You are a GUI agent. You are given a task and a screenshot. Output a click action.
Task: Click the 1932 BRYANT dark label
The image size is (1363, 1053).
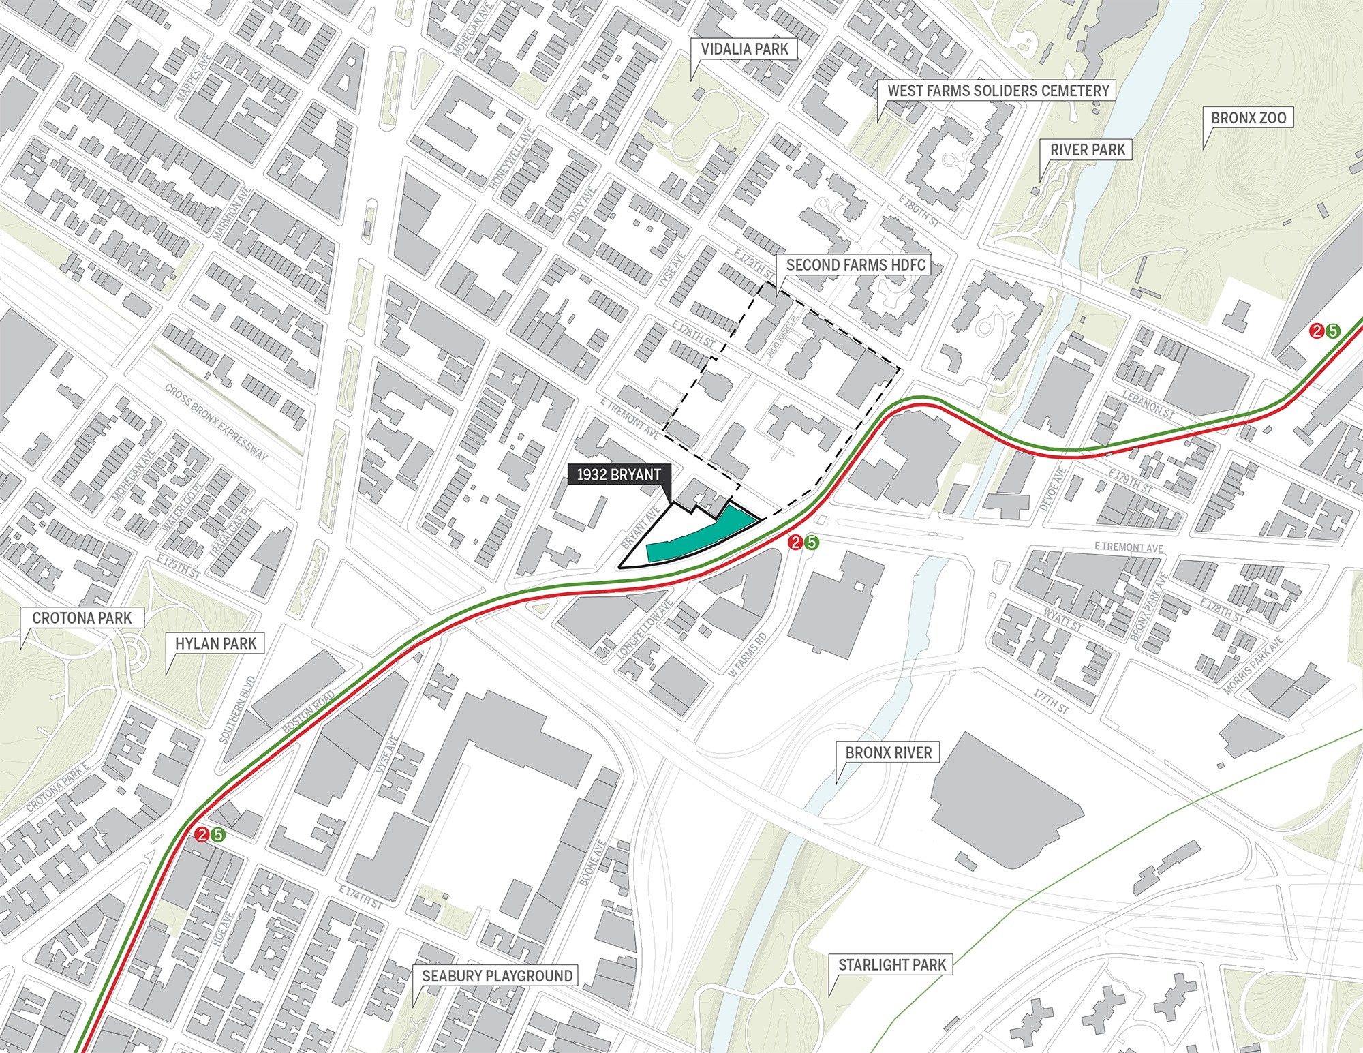tap(619, 475)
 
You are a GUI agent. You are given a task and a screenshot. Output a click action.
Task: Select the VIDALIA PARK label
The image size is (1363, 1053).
tap(744, 49)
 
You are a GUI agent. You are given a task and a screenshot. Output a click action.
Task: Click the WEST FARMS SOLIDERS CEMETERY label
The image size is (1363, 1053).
tap(998, 91)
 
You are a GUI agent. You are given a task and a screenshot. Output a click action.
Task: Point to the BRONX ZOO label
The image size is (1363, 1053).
tap(1249, 118)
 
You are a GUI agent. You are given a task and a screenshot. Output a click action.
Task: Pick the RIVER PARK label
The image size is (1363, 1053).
tap(1087, 150)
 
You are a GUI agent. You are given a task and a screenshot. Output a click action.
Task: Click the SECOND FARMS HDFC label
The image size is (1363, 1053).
tap(855, 265)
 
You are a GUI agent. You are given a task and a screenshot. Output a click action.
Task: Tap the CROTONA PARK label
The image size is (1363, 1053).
tap(82, 618)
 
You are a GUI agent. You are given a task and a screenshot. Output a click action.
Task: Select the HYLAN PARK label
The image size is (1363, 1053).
tap(215, 643)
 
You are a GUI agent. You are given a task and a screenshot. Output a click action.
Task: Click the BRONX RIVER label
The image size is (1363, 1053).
tap(888, 752)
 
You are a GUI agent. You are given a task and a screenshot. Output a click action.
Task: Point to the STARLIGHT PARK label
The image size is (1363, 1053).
tap(891, 965)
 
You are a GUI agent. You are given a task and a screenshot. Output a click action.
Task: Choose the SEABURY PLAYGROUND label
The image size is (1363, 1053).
tap(497, 976)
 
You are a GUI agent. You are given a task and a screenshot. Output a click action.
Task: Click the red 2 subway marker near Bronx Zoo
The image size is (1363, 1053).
tap(1317, 331)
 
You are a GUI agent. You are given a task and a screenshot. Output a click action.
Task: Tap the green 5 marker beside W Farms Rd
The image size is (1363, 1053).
tap(811, 543)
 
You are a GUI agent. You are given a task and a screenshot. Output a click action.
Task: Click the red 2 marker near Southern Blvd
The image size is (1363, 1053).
tap(202, 834)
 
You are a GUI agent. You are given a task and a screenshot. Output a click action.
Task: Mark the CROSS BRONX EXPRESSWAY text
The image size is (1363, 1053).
tap(217, 422)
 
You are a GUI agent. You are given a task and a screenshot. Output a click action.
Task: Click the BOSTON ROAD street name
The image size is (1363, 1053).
tap(309, 712)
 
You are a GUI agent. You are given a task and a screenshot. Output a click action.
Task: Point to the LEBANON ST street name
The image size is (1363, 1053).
tap(1148, 404)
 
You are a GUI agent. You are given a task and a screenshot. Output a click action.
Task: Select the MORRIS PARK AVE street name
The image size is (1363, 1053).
tap(1253, 665)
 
